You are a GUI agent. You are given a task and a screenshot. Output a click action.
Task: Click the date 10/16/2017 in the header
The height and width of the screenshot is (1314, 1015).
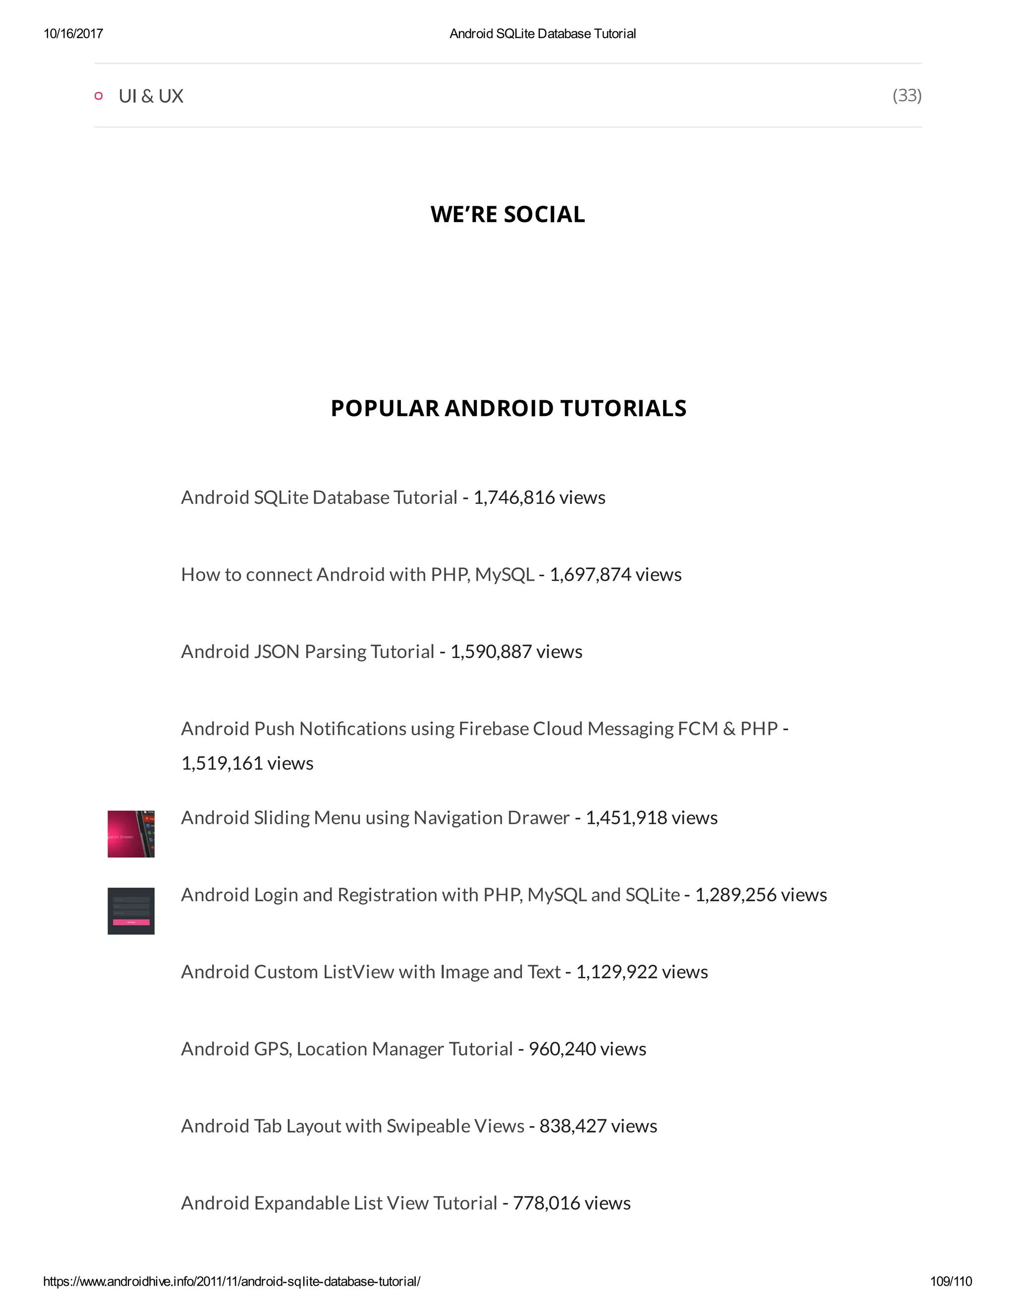pyautogui.click(x=73, y=34)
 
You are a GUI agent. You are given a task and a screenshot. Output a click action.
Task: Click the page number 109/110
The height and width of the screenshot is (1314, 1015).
pyautogui.click(x=951, y=1281)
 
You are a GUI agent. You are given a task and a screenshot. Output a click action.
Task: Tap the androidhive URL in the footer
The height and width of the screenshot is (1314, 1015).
pyautogui.click(x=231, y=1281)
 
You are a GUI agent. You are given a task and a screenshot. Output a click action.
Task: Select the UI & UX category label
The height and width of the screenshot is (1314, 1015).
pyautogui.click(x=151, y=96)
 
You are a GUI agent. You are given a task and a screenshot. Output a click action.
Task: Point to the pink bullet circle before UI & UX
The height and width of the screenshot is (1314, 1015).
pyautogui.click(x=99, y=96)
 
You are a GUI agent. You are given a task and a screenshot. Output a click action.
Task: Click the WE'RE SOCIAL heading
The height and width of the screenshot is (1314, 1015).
pyautogui.click(x=507, y=215)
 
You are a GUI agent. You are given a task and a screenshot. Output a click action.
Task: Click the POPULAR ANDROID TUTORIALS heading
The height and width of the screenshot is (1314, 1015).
pyautogui.click(x=508, y=409)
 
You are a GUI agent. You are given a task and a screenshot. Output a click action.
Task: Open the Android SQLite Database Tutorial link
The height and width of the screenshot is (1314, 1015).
pyautogui.click(x=319, y=497)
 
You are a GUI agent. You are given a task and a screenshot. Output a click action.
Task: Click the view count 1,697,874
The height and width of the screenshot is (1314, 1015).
pyautogui.click(x=590, y=575)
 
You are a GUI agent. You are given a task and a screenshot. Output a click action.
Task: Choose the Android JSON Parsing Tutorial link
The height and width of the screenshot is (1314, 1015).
pyautogui.click(x=307, y=652)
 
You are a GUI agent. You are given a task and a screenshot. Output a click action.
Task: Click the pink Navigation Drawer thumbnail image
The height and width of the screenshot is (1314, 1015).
pyautogui.click(x=131, y=834)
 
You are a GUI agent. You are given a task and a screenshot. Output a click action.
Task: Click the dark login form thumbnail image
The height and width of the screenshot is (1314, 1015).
pyautogui.click(x=131, y=911)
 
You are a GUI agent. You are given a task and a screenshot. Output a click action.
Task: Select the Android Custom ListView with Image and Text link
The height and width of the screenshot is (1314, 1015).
pyautogui.click(x=370, y=972)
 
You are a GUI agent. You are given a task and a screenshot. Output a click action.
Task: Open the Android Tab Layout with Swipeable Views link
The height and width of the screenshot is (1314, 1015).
pyautogui.click(x=352, y=1126)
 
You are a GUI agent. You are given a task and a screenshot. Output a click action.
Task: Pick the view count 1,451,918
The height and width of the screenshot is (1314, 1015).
pyautogui.click(x=626, y=818)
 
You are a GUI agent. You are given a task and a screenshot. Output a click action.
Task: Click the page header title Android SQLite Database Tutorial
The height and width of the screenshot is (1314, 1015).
pyautogui.click(x=542, y=34)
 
